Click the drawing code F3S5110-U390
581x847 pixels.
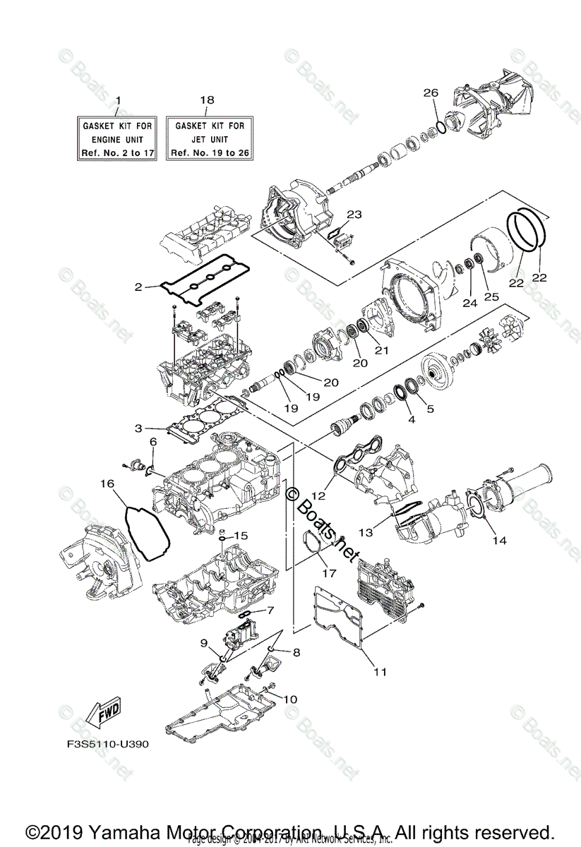(x=104, y=743)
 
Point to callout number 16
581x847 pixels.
(x=107, y=484)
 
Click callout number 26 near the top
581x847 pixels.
(x=431, y=93)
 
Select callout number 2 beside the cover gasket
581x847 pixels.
(x=139, y=287)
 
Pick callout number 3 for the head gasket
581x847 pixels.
(x=139, y=428)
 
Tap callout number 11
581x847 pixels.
(x=380, y=672)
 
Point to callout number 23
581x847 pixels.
(x=354, y=215)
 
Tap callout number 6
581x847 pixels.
(x=152, y=441)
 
